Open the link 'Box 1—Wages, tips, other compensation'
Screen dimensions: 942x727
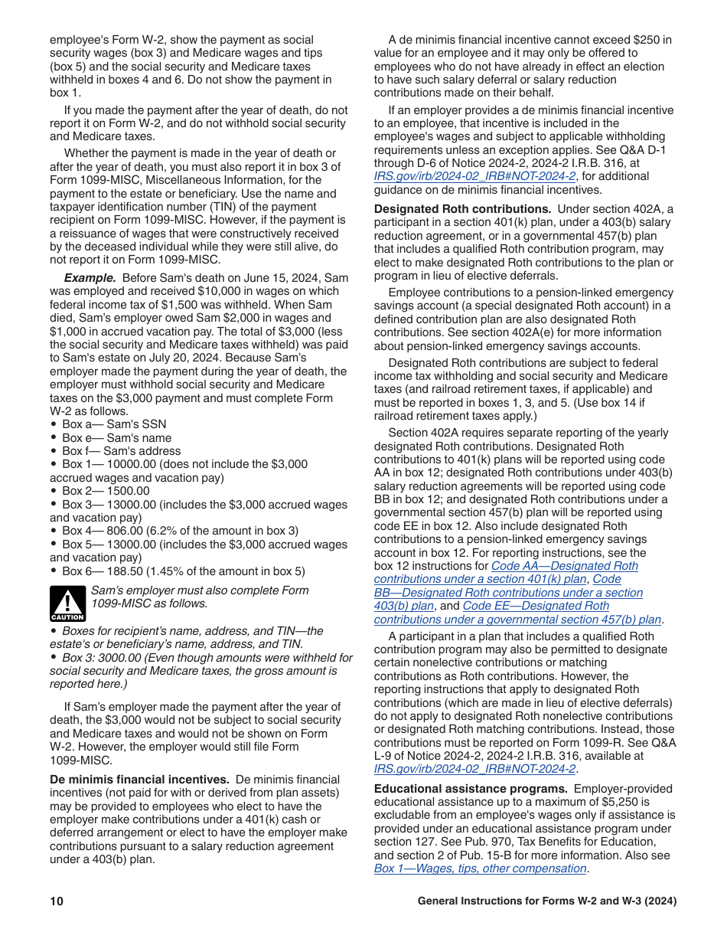481,868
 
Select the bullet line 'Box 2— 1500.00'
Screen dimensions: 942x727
106,491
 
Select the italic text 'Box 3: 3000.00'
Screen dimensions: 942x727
102,658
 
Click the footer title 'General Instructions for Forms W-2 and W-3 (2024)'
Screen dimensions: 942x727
546,901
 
